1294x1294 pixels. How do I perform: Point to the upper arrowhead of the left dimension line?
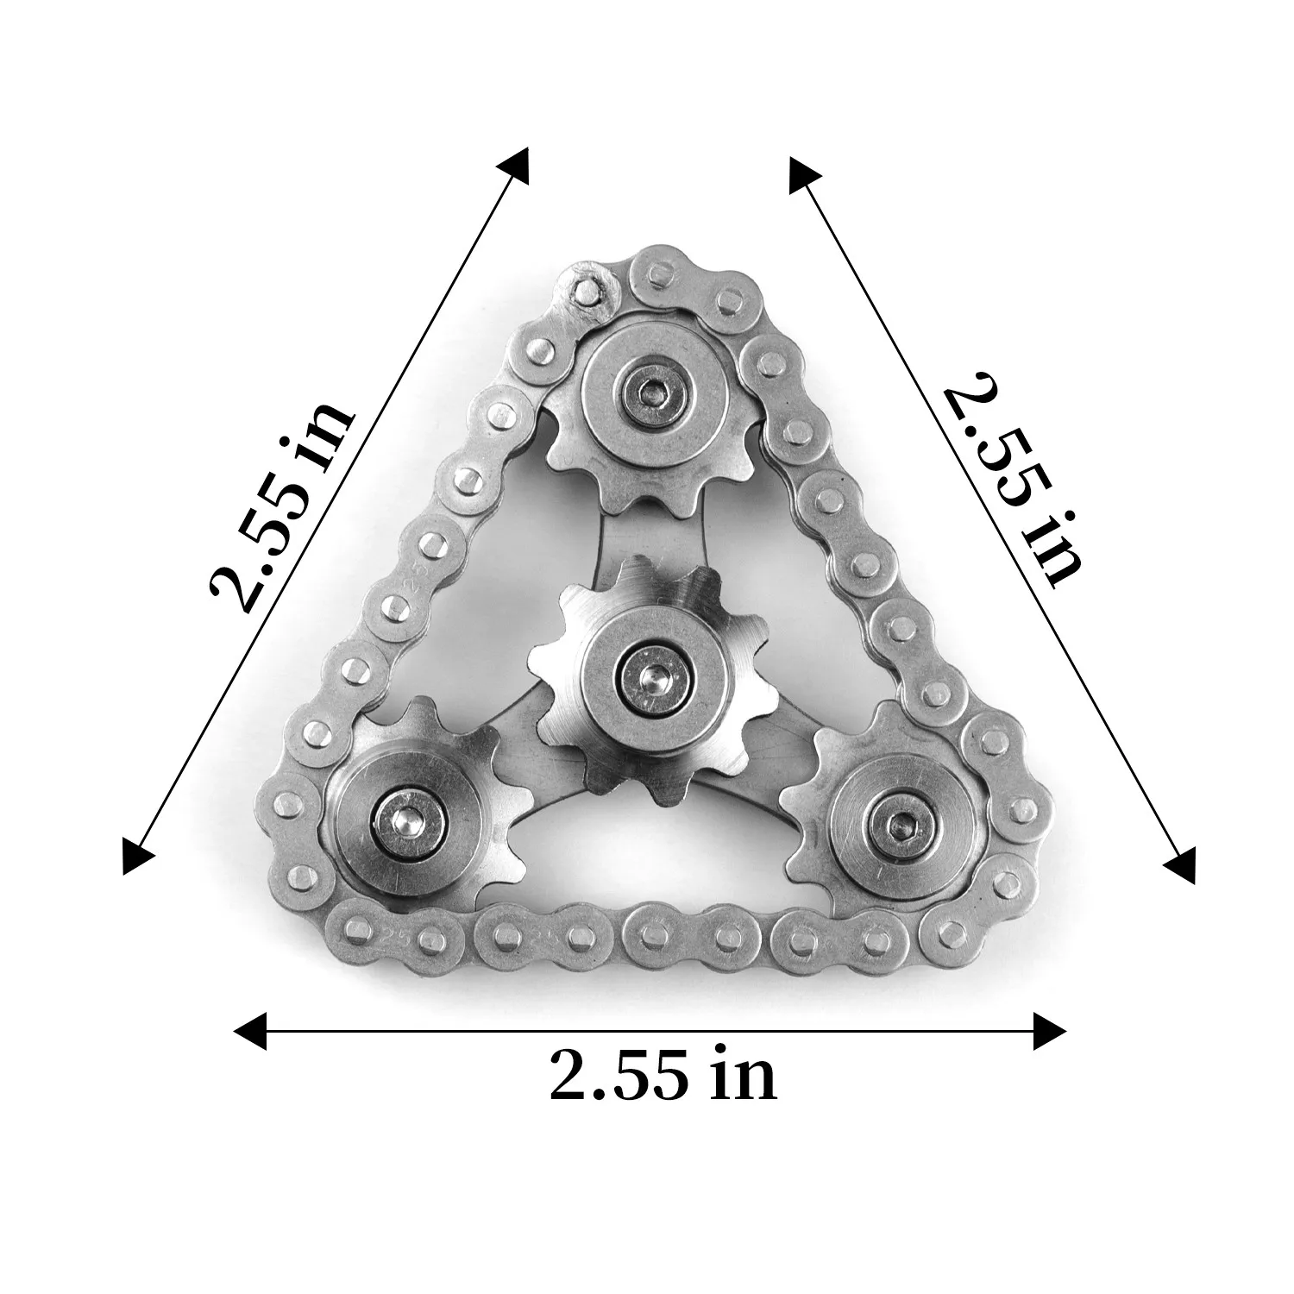tap(512, 165)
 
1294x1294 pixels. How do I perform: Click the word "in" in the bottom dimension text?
tap(744, 1075)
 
